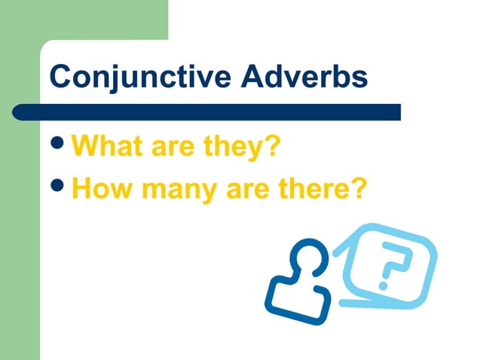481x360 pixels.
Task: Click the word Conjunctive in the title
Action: (x=128, y=76)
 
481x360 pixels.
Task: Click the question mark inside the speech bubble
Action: (x=393, y=265)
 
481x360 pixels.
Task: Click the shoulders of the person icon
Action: (x=297, y=299)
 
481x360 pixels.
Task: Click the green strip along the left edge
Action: (x=19, y=226)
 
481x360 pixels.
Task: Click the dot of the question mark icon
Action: (x=384, y=285)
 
